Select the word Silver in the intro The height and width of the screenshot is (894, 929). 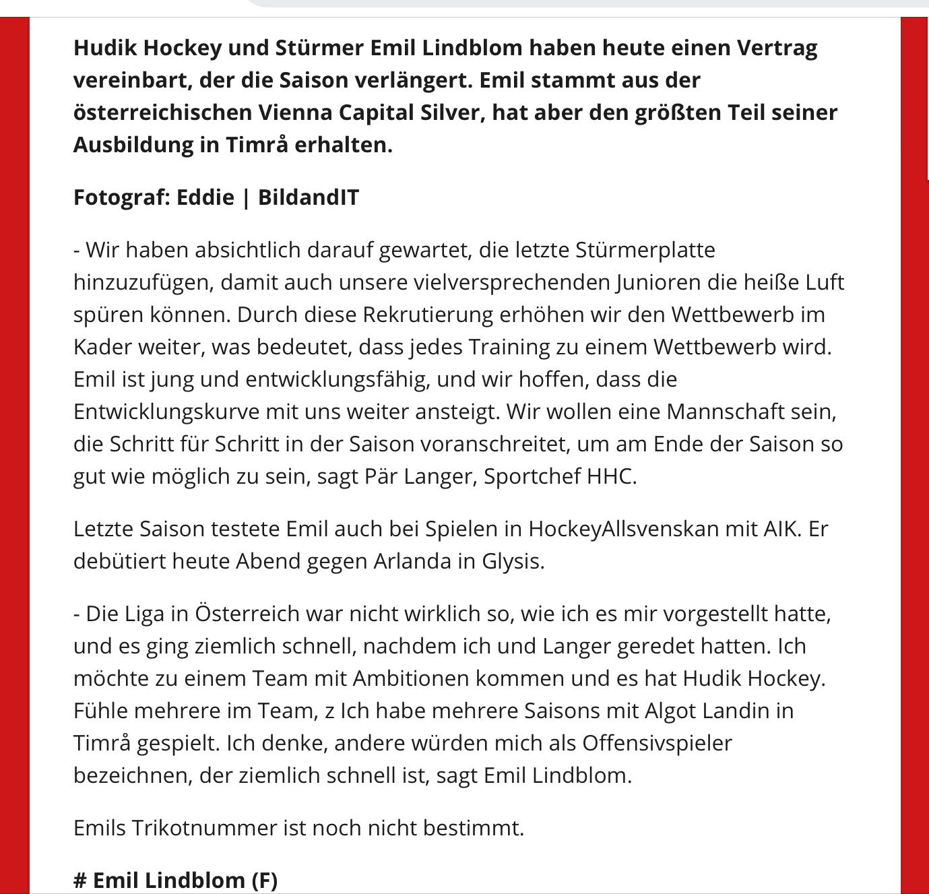click(x=449, y=113)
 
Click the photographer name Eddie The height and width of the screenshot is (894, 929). click(x=205, y=197)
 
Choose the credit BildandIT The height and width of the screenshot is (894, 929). click(x=309, y=197)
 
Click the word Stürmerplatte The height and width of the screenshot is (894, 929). click(x=645, y=250)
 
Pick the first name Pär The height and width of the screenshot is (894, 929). click(x=381, y=476)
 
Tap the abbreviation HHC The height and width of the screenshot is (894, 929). click(x=610, y=476)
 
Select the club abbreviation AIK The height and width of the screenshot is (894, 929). click(x=780, y=529)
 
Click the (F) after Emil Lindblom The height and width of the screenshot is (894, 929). click(x=264, y=881)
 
